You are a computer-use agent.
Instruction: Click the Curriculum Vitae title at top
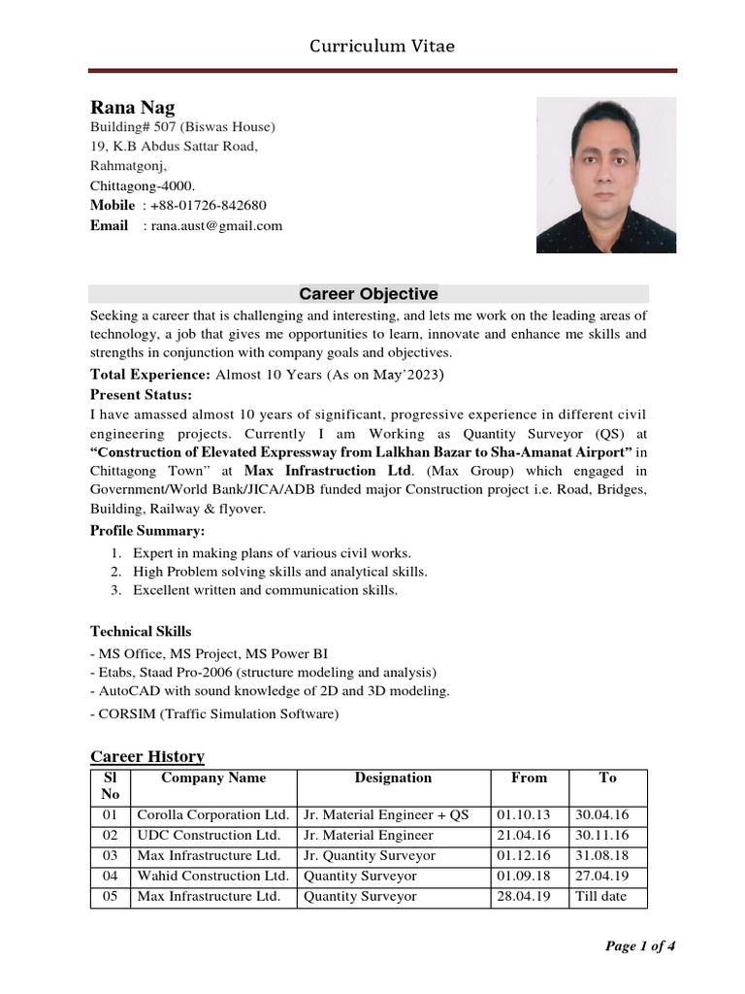(x=381, y=46)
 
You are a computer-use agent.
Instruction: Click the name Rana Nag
(x=132, y=108)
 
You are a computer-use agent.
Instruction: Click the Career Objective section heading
(x=368, y=294)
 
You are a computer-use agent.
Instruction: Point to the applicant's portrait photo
(x=606, y=175)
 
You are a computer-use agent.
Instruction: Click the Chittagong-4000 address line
(x=143, y=185)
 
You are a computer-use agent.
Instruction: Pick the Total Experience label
(x=150, y=374)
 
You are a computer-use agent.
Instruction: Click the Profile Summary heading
(x=148, y=531)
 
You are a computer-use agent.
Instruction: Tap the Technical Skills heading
(x=141, y=632)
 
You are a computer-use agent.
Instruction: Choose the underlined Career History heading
(x=147, y=757)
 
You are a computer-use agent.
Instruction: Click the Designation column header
(x=393, y=779)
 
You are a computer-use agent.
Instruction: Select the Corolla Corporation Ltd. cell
(x=212, y=815)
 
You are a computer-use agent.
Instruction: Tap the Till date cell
(x=602, y=897)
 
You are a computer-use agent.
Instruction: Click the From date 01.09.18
(x=523, y=877)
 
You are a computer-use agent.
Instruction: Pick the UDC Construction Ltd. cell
(x=209, y=836)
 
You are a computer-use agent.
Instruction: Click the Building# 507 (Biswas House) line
(x=183, y=127)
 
